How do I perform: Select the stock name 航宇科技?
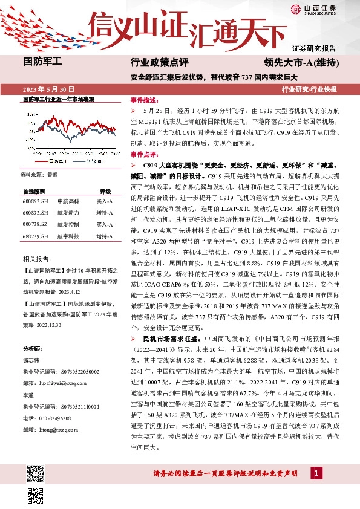click(x=66, y=236)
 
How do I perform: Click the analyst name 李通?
click(x=28, y=394)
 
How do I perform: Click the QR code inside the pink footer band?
click(x=35, y=494)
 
